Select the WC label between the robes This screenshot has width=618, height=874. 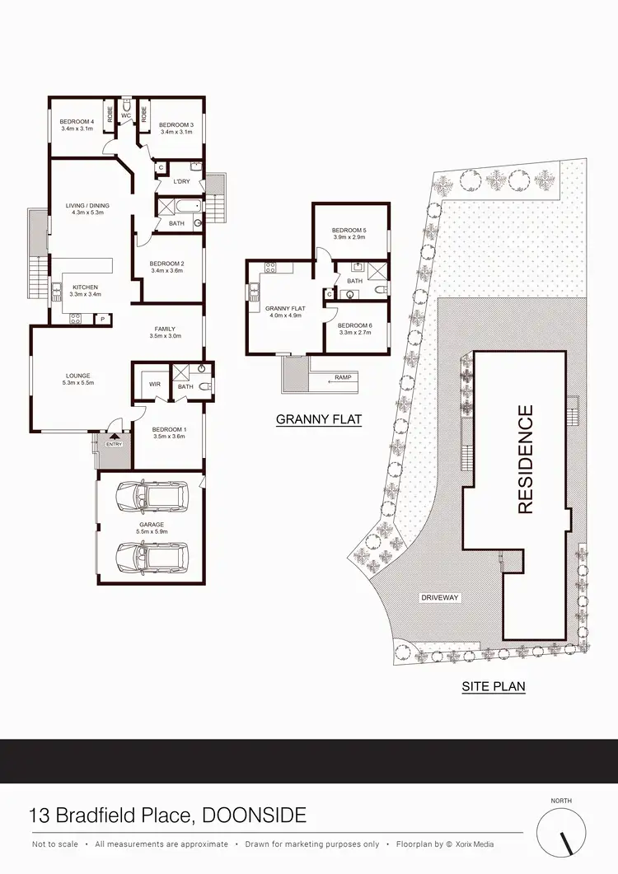(x=126, y=115)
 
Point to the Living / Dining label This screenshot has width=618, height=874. (x=87, y=206)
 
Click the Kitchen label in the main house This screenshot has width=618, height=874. (x=85, y=287)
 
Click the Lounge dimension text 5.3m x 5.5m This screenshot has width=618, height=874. (x=79, y=383)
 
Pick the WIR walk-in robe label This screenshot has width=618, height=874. (x=153, y=384)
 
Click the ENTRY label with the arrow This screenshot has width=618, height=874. (x=112, y=443)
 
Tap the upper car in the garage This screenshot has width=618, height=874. (x=150, y=497)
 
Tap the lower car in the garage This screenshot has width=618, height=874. (x=150, y=557)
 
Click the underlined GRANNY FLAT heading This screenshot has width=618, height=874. (x=319, y=419)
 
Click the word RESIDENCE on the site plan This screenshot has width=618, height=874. (x=525, y=459)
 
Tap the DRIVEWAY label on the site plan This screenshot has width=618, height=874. (x=439, y=597)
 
